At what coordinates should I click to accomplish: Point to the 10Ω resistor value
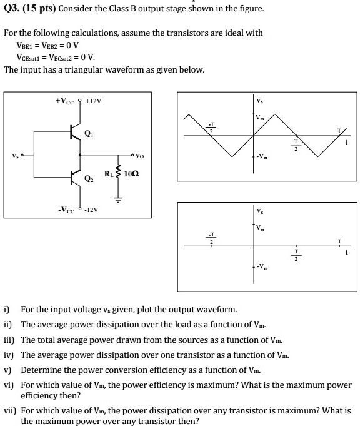coord(131,173)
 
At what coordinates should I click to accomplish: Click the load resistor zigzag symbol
coord(117,173)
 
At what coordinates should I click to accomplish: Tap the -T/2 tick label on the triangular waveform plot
coord(211,127)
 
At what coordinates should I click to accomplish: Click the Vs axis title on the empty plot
coord(259,210)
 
